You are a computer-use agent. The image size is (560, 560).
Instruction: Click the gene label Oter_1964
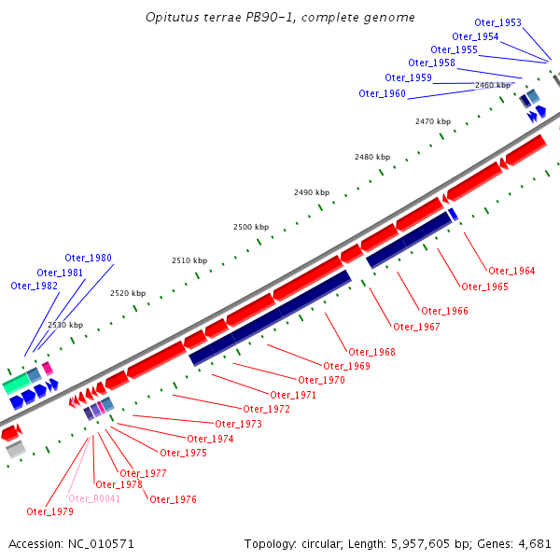click(511, 271)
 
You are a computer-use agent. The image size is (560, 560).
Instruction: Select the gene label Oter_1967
click(416, 327)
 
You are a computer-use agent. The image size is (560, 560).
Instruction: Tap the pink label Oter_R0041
click(94, 498)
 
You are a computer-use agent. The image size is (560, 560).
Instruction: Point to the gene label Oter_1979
click(49, 511)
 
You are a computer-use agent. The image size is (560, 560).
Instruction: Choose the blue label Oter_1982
click(34, 286)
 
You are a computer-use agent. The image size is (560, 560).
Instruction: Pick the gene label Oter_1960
click(382, 93)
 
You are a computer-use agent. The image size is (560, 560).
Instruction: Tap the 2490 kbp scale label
click(311, 192)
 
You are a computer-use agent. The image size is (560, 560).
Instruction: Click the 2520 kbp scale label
click(128, 293)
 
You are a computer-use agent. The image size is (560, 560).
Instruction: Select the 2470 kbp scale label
click(433, 121)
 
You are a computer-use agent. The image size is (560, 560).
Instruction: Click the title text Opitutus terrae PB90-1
click(221, 18)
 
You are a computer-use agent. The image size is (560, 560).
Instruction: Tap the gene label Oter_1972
click(266, 409)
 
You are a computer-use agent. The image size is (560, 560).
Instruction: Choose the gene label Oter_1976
click(173, 499)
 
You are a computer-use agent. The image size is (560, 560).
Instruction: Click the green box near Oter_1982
click(15, 383)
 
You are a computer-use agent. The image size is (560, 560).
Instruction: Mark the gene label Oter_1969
click(346, 366)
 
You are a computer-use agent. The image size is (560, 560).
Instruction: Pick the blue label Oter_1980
click(88, 258)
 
